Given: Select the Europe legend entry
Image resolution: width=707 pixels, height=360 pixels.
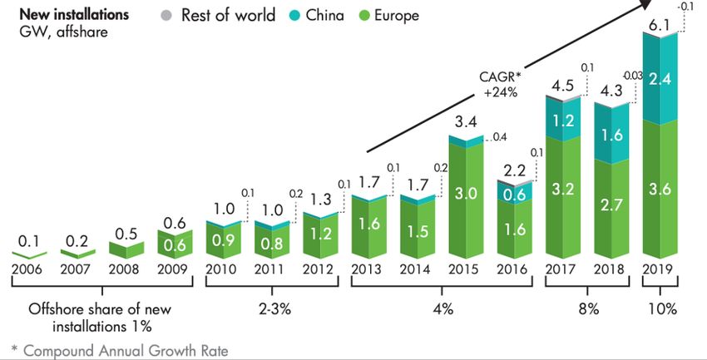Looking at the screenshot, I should [x=388, y=16].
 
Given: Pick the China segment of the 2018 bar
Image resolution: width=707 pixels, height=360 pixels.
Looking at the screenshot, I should [x=612, y=133].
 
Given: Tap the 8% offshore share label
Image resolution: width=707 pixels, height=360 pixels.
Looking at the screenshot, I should [x=589, y=309].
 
